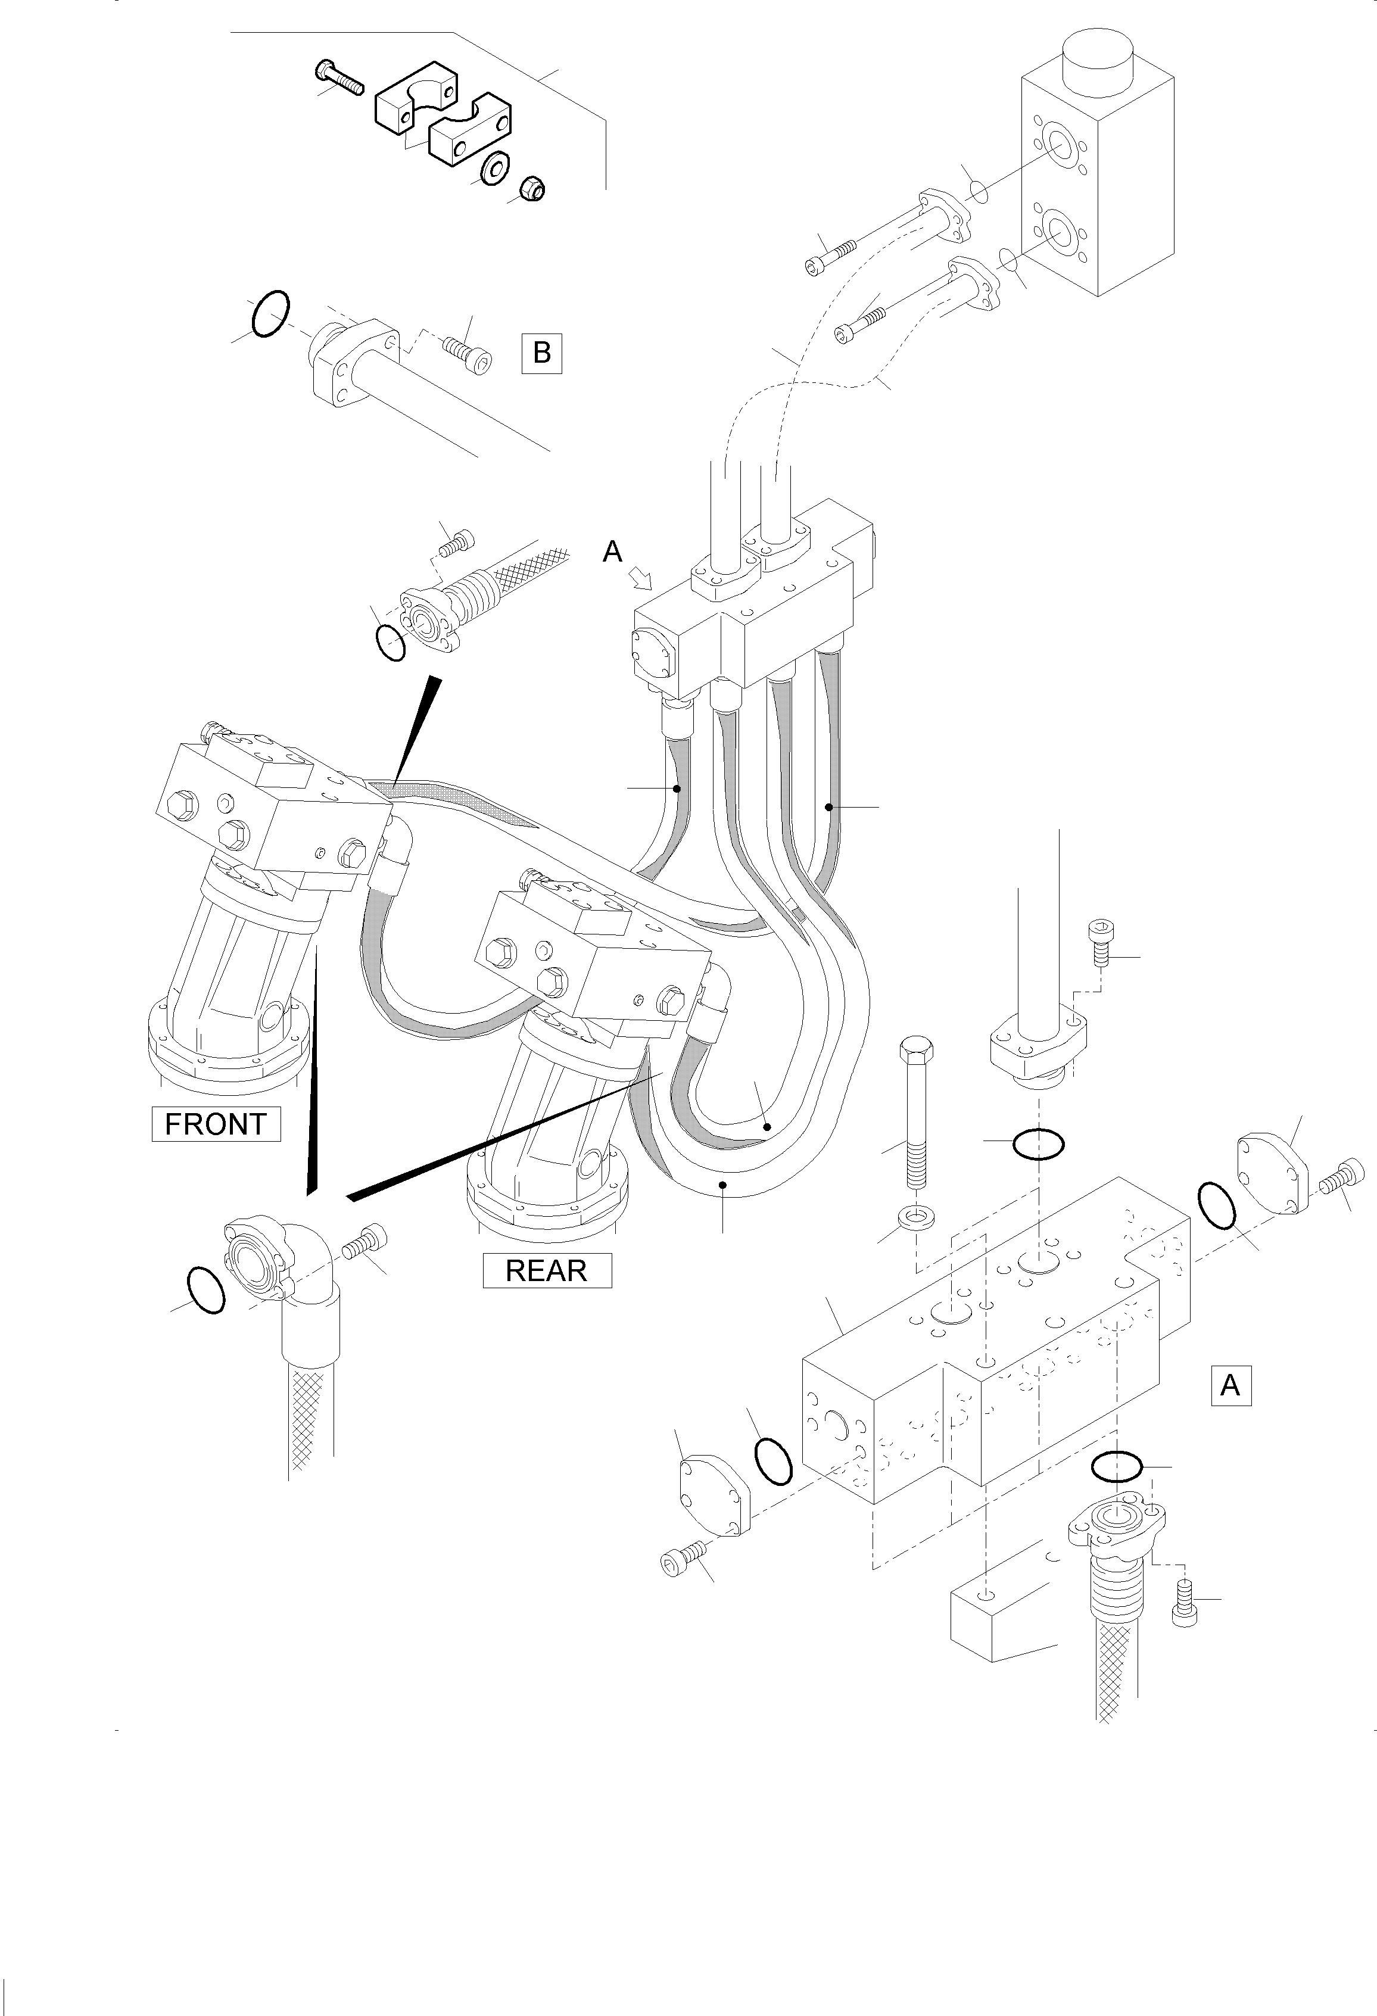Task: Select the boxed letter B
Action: click(541, 353)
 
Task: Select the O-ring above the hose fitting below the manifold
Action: click(1116, 1467)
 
